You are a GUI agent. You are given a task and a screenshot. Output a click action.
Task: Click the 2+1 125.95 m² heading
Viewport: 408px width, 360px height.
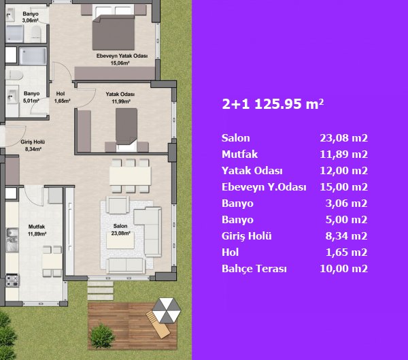tap(273, 104)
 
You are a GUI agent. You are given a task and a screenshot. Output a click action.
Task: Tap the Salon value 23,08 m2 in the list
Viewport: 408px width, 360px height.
tap(343, 138)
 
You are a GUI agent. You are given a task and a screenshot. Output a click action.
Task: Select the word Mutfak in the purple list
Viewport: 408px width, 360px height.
tap(239, 154)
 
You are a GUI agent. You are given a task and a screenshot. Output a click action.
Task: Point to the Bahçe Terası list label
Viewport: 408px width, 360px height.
tap(254, 269)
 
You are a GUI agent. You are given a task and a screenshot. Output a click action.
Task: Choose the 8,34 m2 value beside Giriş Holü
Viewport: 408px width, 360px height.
tap(346, 236)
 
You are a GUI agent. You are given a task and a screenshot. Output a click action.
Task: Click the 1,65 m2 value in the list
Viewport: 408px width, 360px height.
tap(347, 252)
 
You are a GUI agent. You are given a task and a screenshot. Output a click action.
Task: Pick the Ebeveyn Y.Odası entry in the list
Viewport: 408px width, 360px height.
tap(264, 187)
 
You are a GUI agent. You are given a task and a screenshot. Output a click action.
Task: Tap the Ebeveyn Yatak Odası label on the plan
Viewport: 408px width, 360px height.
tap(122, 59)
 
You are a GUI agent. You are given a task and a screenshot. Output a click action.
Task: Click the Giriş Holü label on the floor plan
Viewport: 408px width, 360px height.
tap(33, 146)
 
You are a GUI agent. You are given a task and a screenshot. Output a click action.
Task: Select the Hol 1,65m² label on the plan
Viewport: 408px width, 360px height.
tap(62, 97)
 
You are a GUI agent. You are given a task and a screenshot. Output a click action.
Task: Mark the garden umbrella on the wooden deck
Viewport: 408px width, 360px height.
tap(167, 310)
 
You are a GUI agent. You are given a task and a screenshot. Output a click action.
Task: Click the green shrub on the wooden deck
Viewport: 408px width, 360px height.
tap(101, 336)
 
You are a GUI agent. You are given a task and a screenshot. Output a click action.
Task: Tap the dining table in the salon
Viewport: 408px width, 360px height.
tap(130, 176)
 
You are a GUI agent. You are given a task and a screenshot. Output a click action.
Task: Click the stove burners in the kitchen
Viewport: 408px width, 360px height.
tap(12, 280)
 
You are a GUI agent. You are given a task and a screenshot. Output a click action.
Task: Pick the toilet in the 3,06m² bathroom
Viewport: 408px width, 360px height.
tap(36, 34)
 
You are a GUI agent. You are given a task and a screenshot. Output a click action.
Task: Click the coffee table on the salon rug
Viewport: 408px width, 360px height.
tap(120, 240)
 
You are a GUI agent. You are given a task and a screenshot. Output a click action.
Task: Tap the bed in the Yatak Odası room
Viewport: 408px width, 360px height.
tap(126, 129)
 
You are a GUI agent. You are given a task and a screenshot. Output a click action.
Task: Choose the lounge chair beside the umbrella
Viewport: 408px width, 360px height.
tap(158, 325)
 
